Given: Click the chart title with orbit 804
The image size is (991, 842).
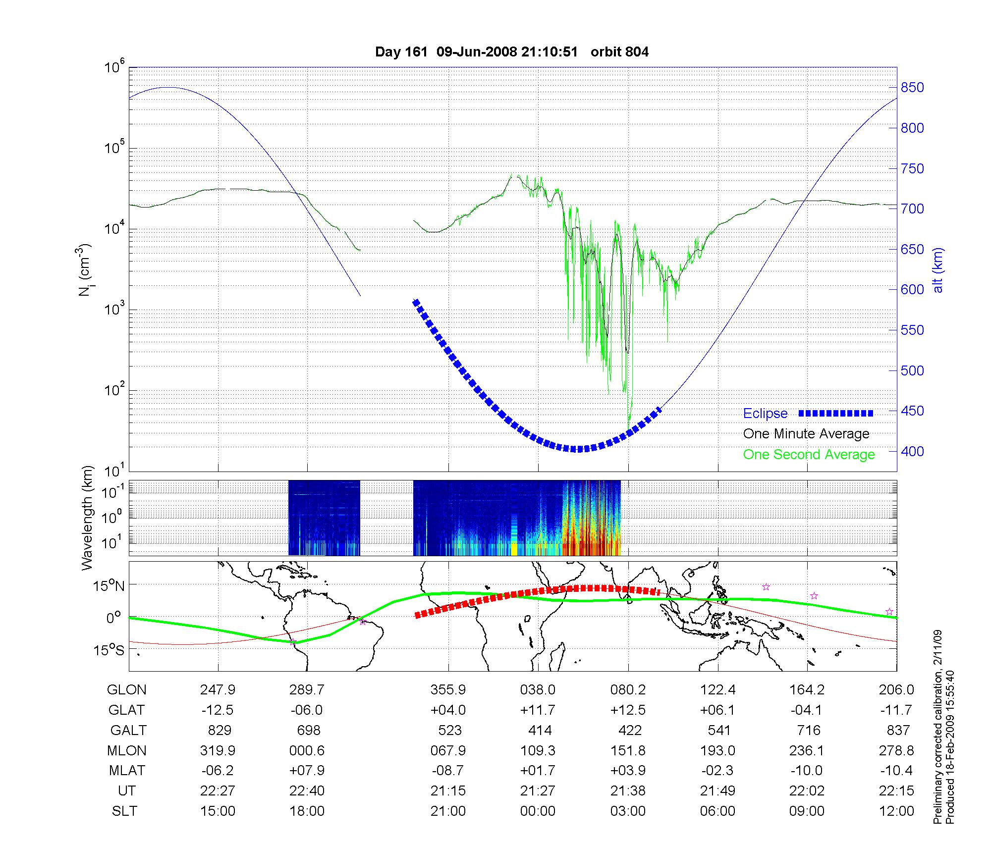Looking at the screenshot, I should pos(512,52).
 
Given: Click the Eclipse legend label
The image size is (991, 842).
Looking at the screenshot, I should pos(765,414).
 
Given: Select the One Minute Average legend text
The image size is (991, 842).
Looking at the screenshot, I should pos(806,434).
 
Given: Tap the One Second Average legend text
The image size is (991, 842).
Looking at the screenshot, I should pos(809,455).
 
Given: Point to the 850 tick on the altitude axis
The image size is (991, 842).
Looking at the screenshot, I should pos(912,88).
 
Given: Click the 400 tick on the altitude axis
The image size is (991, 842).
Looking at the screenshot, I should pos(912,451).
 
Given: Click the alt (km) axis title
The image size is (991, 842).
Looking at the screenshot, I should pos(938,270).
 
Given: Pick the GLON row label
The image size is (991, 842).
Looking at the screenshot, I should pos(126,690).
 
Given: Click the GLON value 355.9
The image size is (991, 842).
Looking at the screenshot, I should pos(448,690).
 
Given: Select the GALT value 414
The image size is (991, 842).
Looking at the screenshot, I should pos(540,730).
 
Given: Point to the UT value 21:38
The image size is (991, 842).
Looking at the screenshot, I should pos(628,790).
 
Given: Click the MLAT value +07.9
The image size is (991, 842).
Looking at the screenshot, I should pos(307,771).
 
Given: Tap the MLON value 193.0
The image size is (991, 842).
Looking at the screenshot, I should pos(717,750).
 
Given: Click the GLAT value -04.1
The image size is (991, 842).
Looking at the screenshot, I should pos(807,710).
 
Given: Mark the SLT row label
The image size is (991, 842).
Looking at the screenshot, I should pos(124,811).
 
